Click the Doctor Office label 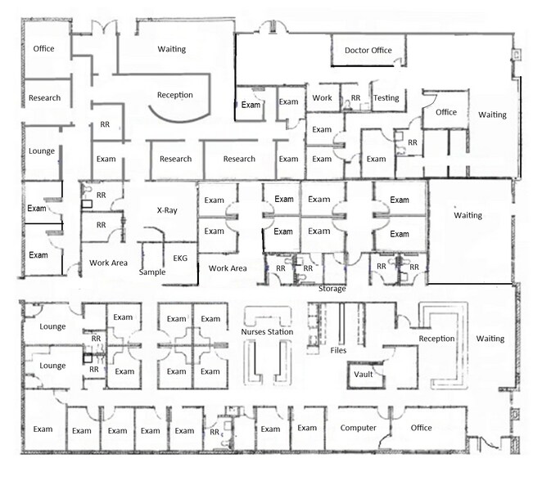click(368, 51)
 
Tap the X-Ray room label click(167, 210)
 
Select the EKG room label click(180, 258)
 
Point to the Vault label click(364, 375)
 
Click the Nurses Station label click(267, 332)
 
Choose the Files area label click(338, 350)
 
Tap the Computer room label click(358, 428)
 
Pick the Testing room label click(386, 98)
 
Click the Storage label click(332, 289)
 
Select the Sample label click(152, 272)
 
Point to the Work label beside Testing click(322, 98)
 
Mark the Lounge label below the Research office click(42, 151)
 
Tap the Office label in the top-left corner click(43, 49)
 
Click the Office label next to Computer click(421, 428)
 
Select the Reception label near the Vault click(436, 339)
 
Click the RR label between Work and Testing click(355, 98)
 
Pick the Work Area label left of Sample click(108, 263)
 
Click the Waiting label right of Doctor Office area click(492, 115)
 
